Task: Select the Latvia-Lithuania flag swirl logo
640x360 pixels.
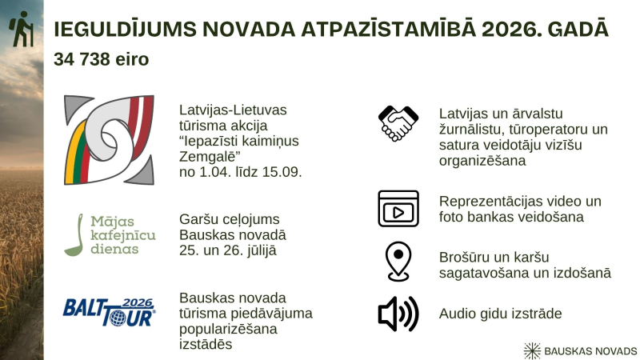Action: point(108,139)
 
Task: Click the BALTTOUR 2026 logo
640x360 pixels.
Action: point(109,310)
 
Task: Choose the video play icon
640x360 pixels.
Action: point(398,209)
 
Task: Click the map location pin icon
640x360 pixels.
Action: point(398,262)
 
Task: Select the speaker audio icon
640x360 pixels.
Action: point(398,314)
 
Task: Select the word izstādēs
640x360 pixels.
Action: point(206,343)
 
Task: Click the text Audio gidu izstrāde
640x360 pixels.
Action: point(500,313)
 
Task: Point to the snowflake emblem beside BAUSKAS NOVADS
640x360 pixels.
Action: point(531,350)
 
